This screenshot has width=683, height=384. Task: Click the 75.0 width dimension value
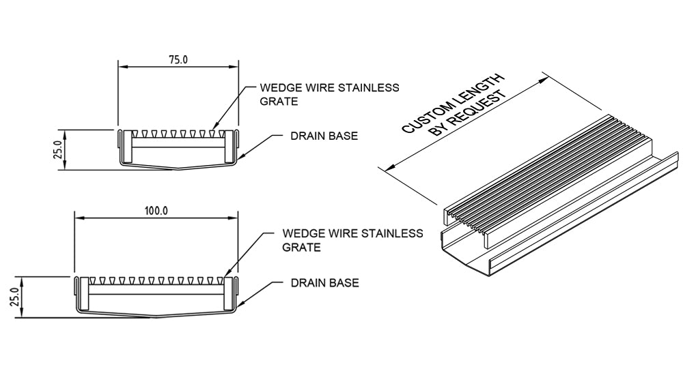pos(178,59)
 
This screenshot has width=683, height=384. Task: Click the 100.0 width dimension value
pos(156,211)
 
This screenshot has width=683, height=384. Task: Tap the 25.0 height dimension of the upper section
pos(61,149)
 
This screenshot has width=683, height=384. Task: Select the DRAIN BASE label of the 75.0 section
pos(324,136)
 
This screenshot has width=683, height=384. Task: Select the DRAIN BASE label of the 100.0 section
pos(324,282)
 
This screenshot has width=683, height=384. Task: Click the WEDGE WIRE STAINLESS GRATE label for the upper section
pos(329,94)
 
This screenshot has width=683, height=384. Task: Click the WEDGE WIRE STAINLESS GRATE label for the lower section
pos(352,240)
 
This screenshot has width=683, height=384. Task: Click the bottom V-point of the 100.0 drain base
pos(156,317)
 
